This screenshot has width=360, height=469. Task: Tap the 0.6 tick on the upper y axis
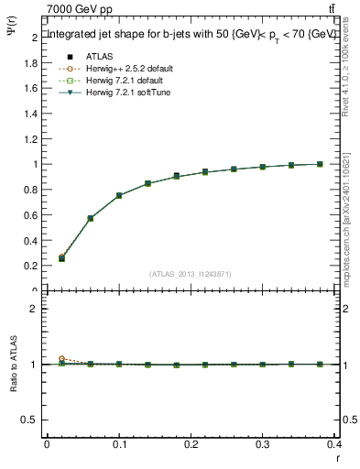pos(31,215)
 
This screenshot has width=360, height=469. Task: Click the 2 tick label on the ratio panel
pos(35,309)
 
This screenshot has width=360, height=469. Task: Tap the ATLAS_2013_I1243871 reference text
pos(191,274)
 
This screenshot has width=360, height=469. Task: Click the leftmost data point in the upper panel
pos(61,258)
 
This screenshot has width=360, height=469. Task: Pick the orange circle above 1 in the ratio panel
pos(61,359)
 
